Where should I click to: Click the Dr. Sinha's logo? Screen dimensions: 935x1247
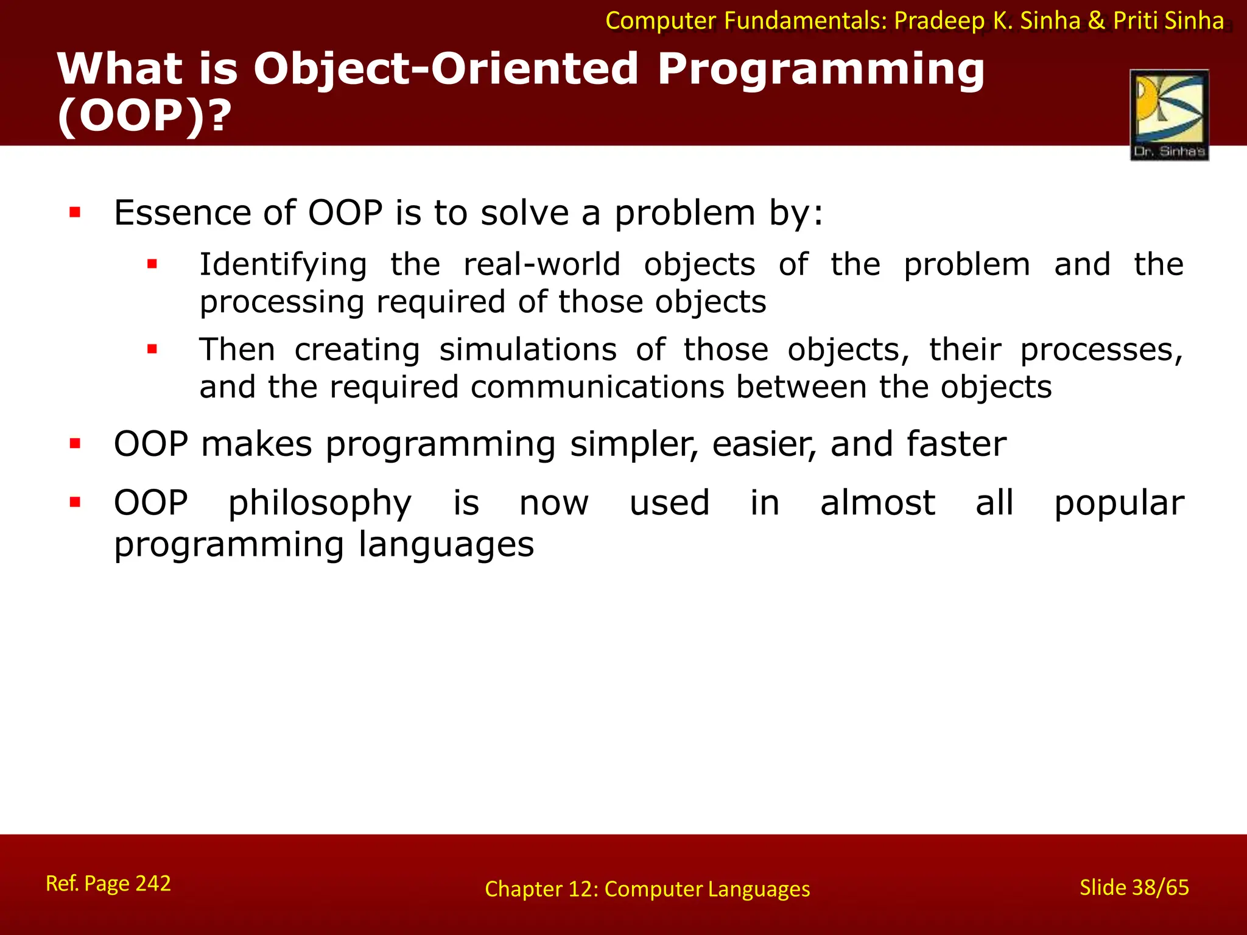pos(1169,115)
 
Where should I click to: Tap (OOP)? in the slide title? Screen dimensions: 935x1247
pos(144,116)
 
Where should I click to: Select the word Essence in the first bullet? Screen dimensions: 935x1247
pos(181,213)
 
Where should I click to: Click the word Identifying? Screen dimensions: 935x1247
pos(283,264)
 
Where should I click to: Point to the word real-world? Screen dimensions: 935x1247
pos(542,264)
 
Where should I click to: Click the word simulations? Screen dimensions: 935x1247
pos(528,350)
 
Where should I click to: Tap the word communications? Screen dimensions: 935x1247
pos(597,387)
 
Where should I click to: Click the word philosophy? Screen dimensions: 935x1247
pos(320,504)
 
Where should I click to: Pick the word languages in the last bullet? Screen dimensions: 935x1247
pos(446,544)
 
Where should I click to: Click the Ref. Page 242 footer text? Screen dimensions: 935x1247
pos(108,883)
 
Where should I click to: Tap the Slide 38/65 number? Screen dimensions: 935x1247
pos(1134,888)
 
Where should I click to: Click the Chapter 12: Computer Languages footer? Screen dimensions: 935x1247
pos(647,889)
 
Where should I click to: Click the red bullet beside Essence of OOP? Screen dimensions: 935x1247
pos(75,212)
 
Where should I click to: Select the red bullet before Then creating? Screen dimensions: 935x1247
pos(152,349)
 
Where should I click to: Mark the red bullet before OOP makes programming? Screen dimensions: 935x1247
pos(75,443)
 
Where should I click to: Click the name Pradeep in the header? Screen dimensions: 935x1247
pos(938,21)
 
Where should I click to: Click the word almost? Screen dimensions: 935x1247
pos(877,503)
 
